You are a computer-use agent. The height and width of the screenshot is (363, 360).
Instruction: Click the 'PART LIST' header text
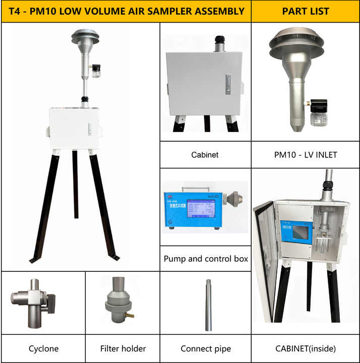[306, 11]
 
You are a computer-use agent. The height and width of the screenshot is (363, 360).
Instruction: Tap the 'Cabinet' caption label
[205, 155]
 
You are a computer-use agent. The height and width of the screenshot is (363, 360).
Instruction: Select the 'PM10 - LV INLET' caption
[306, 155]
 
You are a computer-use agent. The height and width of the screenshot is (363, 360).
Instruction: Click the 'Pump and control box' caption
[206, 259]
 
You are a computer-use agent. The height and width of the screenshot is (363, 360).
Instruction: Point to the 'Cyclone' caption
[43, 348]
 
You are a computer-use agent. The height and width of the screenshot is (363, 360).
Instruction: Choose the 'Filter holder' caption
[123, 348]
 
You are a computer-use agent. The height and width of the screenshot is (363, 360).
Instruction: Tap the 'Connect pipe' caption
[206, 348]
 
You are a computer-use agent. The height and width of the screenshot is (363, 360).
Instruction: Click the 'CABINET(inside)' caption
[306, 348]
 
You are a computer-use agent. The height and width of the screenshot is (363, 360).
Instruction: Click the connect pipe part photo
[208, 305]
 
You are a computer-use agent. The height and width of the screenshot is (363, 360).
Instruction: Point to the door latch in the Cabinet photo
[228, 83]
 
